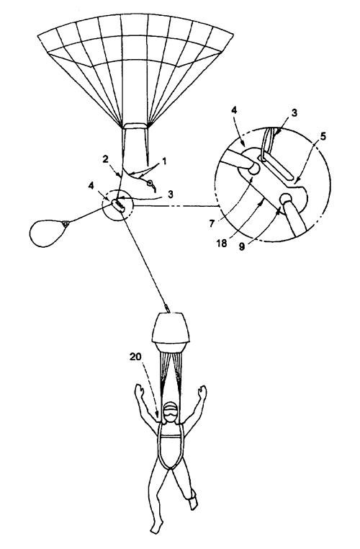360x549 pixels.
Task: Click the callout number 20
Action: pos(135,357)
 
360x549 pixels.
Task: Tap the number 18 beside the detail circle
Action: pos(222,244)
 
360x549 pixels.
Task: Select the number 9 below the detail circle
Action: pos(242,246)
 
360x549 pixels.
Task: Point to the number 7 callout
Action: pos(212,223)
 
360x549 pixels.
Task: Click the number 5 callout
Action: pos(323,136)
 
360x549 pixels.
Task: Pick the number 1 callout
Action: pos(164,161)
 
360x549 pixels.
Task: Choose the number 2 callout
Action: pos(105,159)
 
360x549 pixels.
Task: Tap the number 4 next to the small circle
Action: pos(91,186)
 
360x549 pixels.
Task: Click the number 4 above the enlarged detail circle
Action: pos(234,110)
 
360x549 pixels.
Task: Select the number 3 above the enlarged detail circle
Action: pos(294,112)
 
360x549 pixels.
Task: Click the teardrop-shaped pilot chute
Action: pos(48,232)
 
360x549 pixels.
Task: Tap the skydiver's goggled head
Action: pos(171,413)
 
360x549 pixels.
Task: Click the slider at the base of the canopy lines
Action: pos(136,125)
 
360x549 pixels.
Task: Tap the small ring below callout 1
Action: pos(150,183)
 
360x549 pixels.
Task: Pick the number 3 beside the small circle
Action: pos(171,195)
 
